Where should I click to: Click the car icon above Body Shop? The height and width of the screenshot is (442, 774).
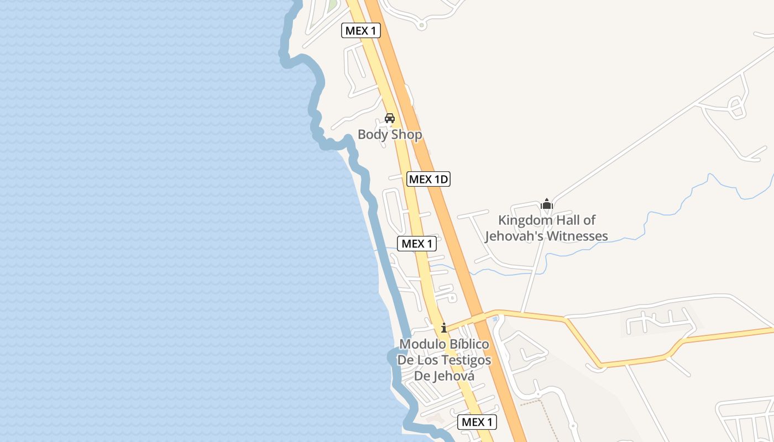coord(390,118)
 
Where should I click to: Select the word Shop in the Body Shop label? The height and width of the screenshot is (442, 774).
coord(406,134)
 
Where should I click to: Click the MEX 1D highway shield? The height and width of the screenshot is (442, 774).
coord(428,179)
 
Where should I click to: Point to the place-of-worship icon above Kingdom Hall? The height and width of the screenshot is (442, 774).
coord(547,204)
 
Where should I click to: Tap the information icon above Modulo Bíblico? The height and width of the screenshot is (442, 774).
coord(443,328)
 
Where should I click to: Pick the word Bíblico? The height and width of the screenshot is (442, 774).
coord(468,344)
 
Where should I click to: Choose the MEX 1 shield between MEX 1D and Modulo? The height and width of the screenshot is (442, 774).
coord(417,243)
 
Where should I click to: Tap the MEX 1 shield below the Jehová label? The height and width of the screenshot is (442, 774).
coord(477,422)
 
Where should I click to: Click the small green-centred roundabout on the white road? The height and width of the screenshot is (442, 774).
coord(422,25)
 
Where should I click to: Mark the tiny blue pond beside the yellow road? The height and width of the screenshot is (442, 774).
coord(495,319)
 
